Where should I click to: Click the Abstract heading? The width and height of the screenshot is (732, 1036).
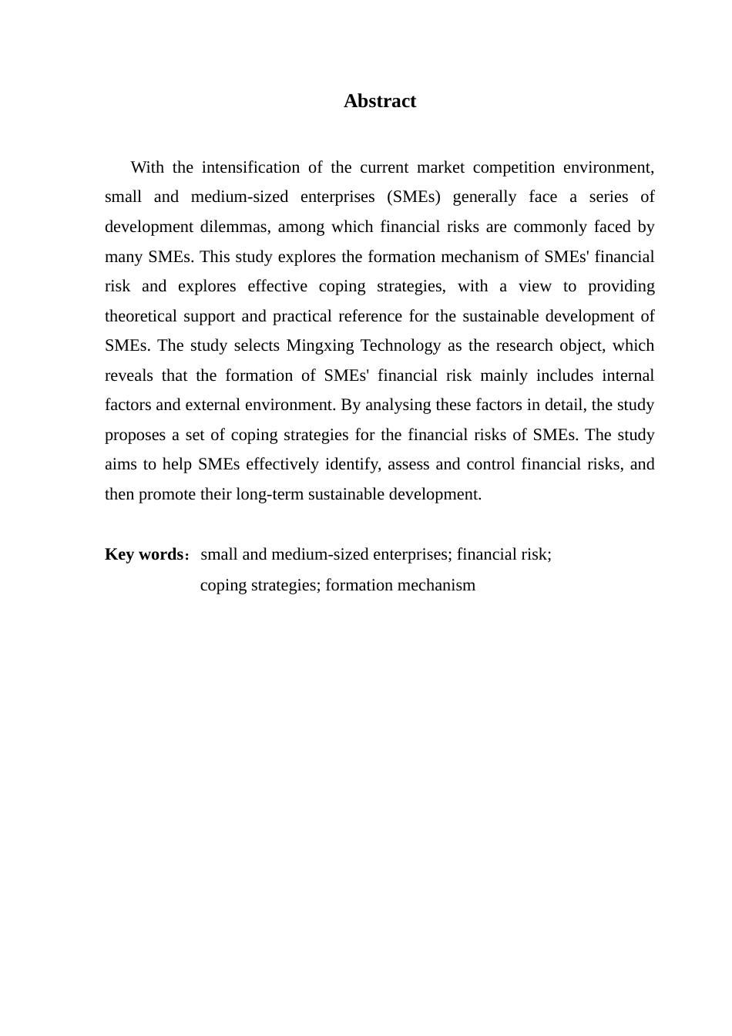pos(379,101)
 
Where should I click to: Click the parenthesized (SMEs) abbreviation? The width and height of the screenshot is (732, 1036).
pos(415,197)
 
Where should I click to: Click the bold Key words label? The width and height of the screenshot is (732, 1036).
pos(143,554)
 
